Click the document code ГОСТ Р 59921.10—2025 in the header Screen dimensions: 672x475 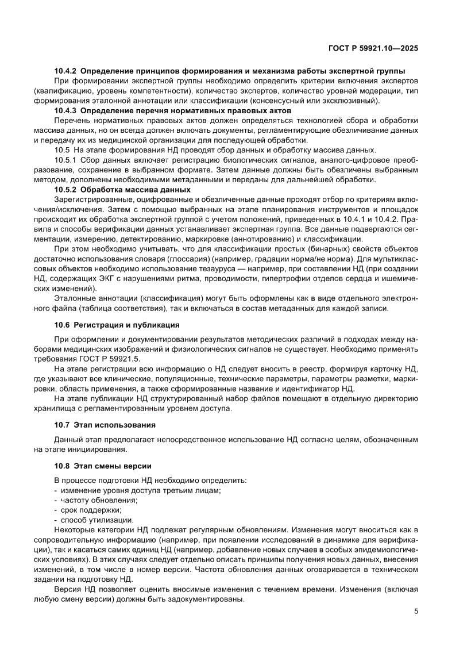coord(373,49)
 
